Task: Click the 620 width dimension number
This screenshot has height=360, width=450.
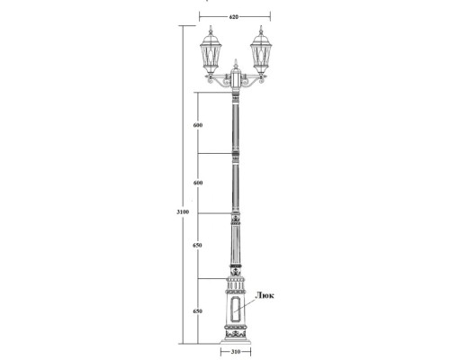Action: coord(234,17)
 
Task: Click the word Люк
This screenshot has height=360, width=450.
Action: coord(266,294)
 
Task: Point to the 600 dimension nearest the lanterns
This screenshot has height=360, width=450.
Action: coord(198,124)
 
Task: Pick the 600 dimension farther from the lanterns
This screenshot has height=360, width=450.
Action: coord(198,183)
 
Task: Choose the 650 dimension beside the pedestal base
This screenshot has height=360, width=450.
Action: coord(198,310)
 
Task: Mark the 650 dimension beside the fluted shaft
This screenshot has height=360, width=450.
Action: coord(198,245)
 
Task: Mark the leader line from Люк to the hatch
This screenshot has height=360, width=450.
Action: coord(249,302)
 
